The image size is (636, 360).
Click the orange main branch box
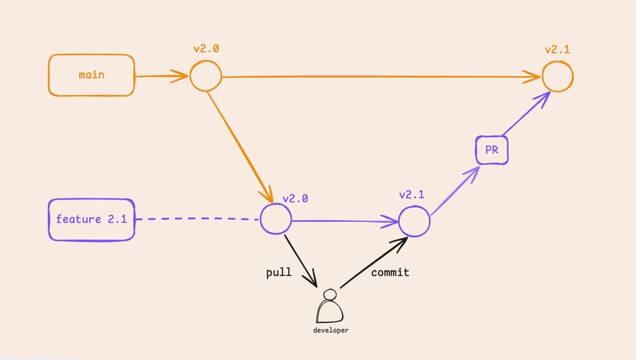pos(91,75)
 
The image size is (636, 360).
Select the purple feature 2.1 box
pos(91,219)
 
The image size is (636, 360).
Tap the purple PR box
pos(491,150)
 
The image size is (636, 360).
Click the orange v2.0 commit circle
pos(206,76)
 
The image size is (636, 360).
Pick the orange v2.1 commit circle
pos(558,77)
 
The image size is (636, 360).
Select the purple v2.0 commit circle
pos(275,219)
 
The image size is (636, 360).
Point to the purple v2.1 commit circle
pos(414,221)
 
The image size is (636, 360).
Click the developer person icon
pos(330,307)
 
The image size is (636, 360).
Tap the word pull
pos(279,272)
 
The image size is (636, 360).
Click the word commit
pos(390,272)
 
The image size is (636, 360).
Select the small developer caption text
pos(331,330)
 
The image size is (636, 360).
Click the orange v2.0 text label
pos(206,49)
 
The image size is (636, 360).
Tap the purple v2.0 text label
pos(295,199)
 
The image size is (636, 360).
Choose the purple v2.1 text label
pos(412,194)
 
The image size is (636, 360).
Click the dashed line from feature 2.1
pos(197,219)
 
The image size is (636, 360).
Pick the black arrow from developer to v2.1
pos(374,263)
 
